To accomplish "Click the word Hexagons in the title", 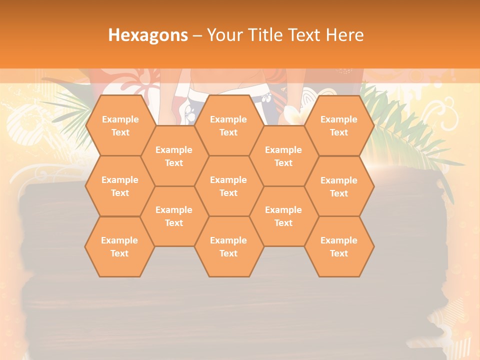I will [x=148, y=35].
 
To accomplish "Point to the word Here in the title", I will [x=344, y=35].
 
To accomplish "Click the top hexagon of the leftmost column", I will [x=120, y=125].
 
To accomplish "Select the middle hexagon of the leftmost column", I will [x=120, y=186].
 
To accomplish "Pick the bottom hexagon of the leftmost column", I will [x=119, y=246].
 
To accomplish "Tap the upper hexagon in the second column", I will [x=174, y=156].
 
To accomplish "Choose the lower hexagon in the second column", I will [x=174, y=216].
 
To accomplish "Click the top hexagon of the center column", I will [x=228, y=125].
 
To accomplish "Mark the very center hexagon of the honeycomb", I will [x=228, y=186].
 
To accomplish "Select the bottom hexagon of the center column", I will [x=228, y=246].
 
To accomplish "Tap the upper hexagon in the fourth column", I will [x=283, y=156].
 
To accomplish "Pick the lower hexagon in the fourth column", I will [x=283, y=216].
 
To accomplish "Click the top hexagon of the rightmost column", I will [x=339, y=125].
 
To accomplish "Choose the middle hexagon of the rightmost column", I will [x=339, y=186].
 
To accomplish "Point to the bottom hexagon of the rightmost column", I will [x=339, y=246].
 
